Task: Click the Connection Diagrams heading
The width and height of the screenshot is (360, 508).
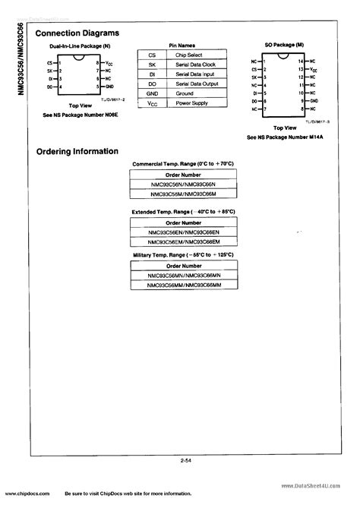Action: coord(78,34)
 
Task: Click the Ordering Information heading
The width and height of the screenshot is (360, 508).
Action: coord(77,151)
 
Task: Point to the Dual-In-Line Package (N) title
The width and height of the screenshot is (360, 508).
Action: coord(74,47)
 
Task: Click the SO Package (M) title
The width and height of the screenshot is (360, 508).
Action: coord(283,46)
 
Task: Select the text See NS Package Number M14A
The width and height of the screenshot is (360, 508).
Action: coord(284,137)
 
